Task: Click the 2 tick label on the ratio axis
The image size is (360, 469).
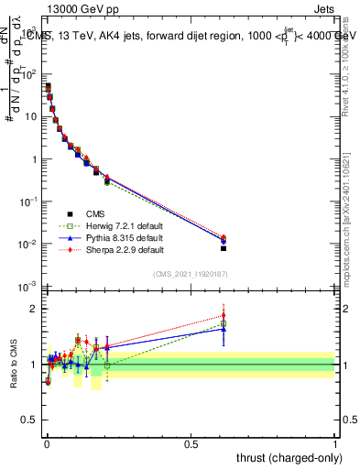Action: [x=33, y=309]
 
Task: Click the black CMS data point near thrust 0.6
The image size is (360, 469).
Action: [x=224, y=248]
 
